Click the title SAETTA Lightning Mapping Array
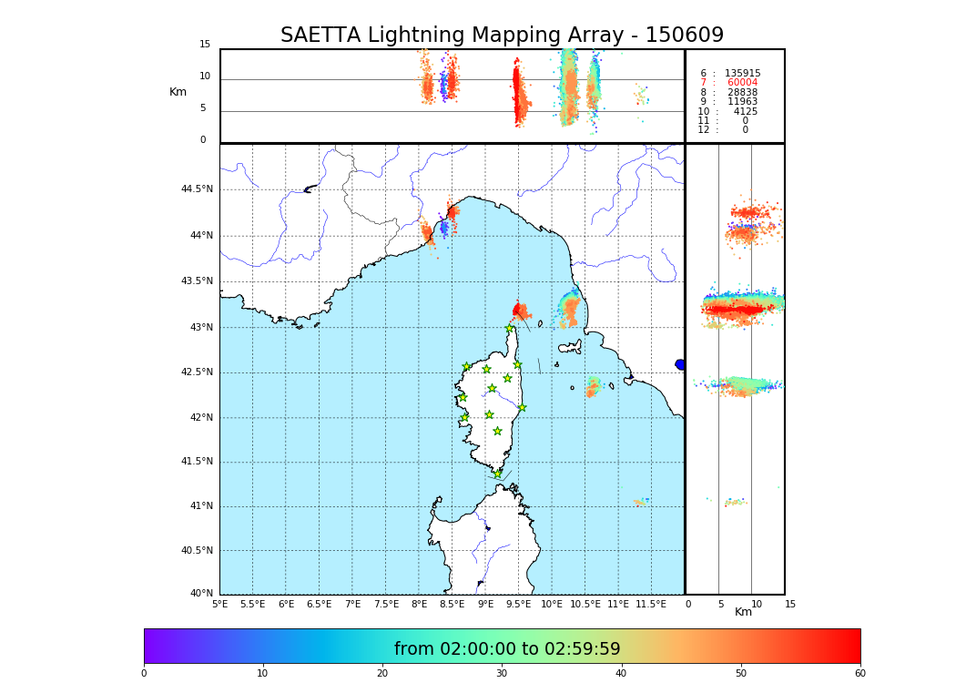pos(502,36)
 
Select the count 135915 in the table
pos(742,74)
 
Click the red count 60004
pos(742,83)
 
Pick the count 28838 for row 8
pos(742,93)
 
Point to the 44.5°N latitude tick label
pos(197,189)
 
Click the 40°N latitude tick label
pos(201,594)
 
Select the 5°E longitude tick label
pos(219,604)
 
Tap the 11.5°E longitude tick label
pos(651,604)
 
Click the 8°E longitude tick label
pos(419,604)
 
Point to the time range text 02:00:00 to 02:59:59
pos(507,649)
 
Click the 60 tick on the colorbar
pos(859,674)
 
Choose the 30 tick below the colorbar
pos(502,674)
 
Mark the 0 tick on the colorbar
pos(144,674)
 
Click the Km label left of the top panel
pos(178,92)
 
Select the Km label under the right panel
pos(743,612)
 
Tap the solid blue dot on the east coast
pos(680,364)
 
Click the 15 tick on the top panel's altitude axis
pos(205,45)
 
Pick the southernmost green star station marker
pos(497,474)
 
